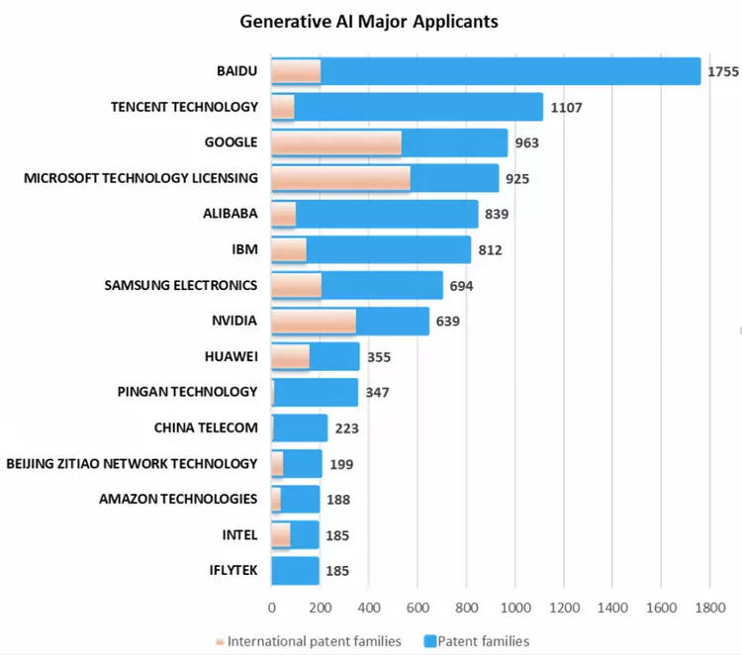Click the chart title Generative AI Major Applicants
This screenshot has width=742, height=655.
tap(369, 21)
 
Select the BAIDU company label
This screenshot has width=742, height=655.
tap(236, 71)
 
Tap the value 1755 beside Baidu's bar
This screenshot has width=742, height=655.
tap(724, 71)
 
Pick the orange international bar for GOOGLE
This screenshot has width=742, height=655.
tap(336, 143)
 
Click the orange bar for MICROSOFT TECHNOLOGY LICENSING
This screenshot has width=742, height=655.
tap(340, 179)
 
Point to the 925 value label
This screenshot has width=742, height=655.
tap(516, 179)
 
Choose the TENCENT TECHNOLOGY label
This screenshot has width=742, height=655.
tap(184, 107)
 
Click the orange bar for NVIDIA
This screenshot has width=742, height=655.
tap(314, 322)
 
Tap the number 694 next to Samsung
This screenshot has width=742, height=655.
tap(461, 286)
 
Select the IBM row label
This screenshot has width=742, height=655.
tap(243, 249)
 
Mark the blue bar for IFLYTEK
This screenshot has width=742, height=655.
tap(295, 571)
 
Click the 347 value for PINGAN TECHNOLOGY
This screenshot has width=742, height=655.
tap(377, 393)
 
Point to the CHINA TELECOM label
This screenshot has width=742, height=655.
tap(206, 428)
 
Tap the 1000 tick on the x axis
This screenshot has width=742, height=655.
tap(514, 608)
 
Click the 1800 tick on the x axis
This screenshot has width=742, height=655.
tap(709, 608)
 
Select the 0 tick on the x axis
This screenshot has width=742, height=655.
tap(272, 608)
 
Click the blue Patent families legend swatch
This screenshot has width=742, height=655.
tap(429, 641)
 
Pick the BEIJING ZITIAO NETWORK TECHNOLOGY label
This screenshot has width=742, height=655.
tap(132, 464)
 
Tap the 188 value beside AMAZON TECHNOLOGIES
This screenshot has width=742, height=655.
tap(338, 500)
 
